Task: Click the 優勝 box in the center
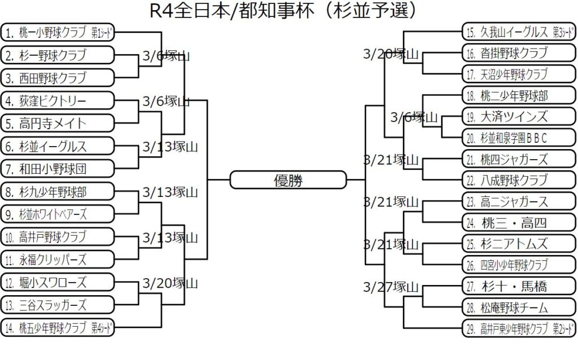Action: click(x=288, y=181)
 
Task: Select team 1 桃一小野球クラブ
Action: click(x=58, y=33)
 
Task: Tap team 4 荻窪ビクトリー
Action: click(x=58, y=101)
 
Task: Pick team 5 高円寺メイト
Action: click(x=58, y=123)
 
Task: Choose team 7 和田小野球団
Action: click(x=58, y=169)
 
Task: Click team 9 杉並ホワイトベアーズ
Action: click(x=58, y=214)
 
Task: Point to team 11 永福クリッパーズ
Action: click(x=58, y=260)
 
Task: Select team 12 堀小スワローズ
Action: click(x=58, y=282)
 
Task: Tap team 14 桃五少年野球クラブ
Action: click(x=58, y=328)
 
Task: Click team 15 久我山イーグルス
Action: click(x=519, y=32)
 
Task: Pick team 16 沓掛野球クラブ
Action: click(x=519, y=53)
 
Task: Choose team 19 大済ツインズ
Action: click(x=519, y=117)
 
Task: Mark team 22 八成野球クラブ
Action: click(x=519, y=180)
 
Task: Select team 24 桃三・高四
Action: click(x=519, y=222)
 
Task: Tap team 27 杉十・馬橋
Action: click(x=519, y=286)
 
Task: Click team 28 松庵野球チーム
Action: click(x=519, y=308)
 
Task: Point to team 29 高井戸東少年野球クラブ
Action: click(x=519, y=328)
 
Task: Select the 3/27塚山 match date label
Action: click(x=391, y=286)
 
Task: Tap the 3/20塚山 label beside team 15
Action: click(x=391, y=54)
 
